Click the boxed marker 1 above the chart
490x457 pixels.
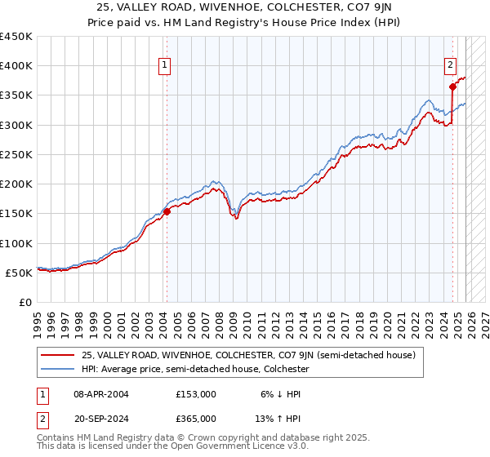pos(165,66)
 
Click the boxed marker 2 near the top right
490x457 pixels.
pos(450,66)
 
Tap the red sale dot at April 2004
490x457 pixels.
pos(167,211)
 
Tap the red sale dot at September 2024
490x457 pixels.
pos(452,86)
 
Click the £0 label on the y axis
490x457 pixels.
pos(24,302)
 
